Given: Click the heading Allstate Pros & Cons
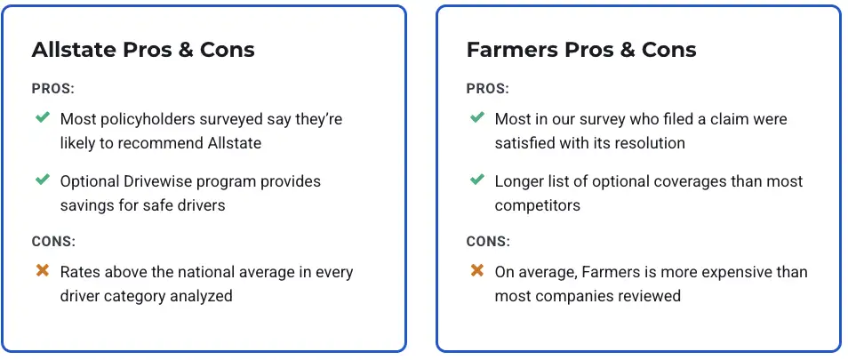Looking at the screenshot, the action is coord(143,50).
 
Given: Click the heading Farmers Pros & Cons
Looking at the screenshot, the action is coord(581,50).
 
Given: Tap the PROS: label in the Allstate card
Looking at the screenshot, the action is coord(53,89).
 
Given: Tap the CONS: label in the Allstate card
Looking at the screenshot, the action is coord(53,242).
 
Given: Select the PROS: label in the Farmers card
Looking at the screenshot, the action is coord(488,89).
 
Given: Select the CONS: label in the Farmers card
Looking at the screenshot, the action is coord(488,242).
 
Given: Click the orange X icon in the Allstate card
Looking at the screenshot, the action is coord(42,270).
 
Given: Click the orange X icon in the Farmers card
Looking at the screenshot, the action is coord(477,270).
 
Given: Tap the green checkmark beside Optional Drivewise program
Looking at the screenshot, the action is coord(42,180).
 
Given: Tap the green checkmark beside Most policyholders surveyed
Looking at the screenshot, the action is coord(42,116).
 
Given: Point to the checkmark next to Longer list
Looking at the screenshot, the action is coord(477,180).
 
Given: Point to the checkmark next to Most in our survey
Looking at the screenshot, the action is coord(477,116).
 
